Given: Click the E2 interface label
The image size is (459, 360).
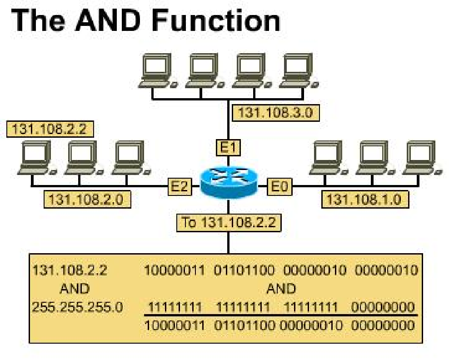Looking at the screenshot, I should pyautogui.click(x=178, y=186).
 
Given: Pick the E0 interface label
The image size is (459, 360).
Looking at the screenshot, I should pyautogui.click(x=279, y=186).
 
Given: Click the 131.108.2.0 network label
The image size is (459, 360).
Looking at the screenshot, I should pyautogui.click(x=86, y=199).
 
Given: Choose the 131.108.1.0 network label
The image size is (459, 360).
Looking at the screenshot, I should pyautogui.click(x=364, y=199).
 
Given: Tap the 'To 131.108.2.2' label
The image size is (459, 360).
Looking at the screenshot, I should pyautogui.click(x=229, y=222).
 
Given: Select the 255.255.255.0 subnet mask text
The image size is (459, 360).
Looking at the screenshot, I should pyautogui.click(x=77, y=307).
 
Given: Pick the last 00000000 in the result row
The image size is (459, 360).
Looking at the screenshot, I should pyautogui.click(x=383, y=325).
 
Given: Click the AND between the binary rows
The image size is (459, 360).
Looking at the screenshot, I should pyautogui.click(x=281, y=289).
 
